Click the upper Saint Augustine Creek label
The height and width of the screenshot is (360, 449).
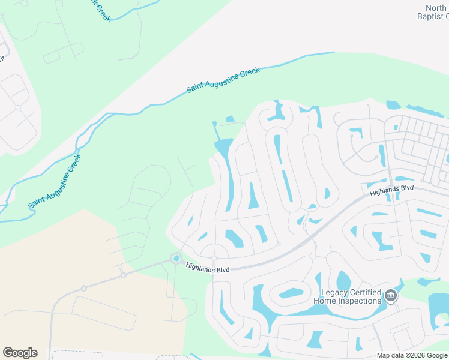tap(223, 80)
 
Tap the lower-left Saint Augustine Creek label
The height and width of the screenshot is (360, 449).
tap(54, 182)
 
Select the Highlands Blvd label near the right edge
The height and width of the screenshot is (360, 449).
tap(392, 191)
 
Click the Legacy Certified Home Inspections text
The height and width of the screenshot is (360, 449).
tap(348, 296)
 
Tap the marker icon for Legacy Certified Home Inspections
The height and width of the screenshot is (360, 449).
tap(391, 296)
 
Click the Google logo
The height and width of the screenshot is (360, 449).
tap(20, 353)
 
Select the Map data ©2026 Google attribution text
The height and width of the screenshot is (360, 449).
tap(412, 355)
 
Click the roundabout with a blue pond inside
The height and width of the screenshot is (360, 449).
tap(176, 259)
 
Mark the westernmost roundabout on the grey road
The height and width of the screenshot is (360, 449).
tap(84, 289)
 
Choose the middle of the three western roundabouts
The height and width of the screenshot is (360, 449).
tap(123, 275)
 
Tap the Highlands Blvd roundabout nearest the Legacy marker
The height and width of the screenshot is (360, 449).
tap(313, 256)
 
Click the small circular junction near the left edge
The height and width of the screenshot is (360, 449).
tap(18, 108)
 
